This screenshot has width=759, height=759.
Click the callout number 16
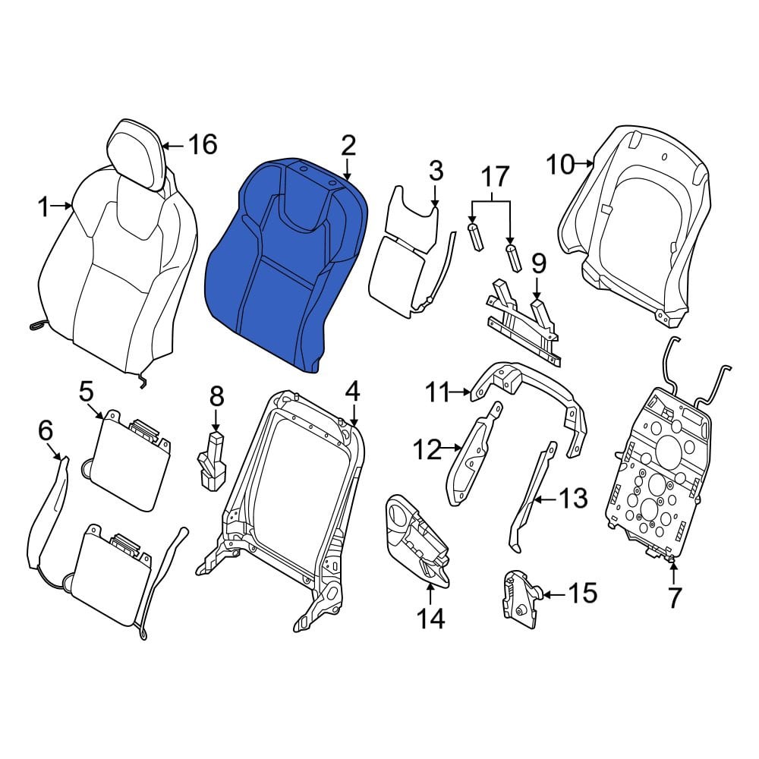pos(203,145)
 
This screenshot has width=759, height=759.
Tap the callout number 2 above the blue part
pos(348,145)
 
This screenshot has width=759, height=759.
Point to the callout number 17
pos(495,176)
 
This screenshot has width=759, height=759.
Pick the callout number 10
pos(560,164)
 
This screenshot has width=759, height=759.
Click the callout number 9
pos(539,264)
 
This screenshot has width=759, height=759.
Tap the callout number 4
pos(352,392)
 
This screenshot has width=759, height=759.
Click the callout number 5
pos(86,392)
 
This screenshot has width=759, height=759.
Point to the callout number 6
pos(46,430)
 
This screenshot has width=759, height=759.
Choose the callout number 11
pos(438,392)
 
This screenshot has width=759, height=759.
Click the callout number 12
pos(427,449)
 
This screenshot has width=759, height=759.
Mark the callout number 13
pos(573,498)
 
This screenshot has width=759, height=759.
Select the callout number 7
pos(674,597)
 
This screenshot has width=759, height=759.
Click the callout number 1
pos(43,206)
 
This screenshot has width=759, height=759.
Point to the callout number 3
pos(436,171)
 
